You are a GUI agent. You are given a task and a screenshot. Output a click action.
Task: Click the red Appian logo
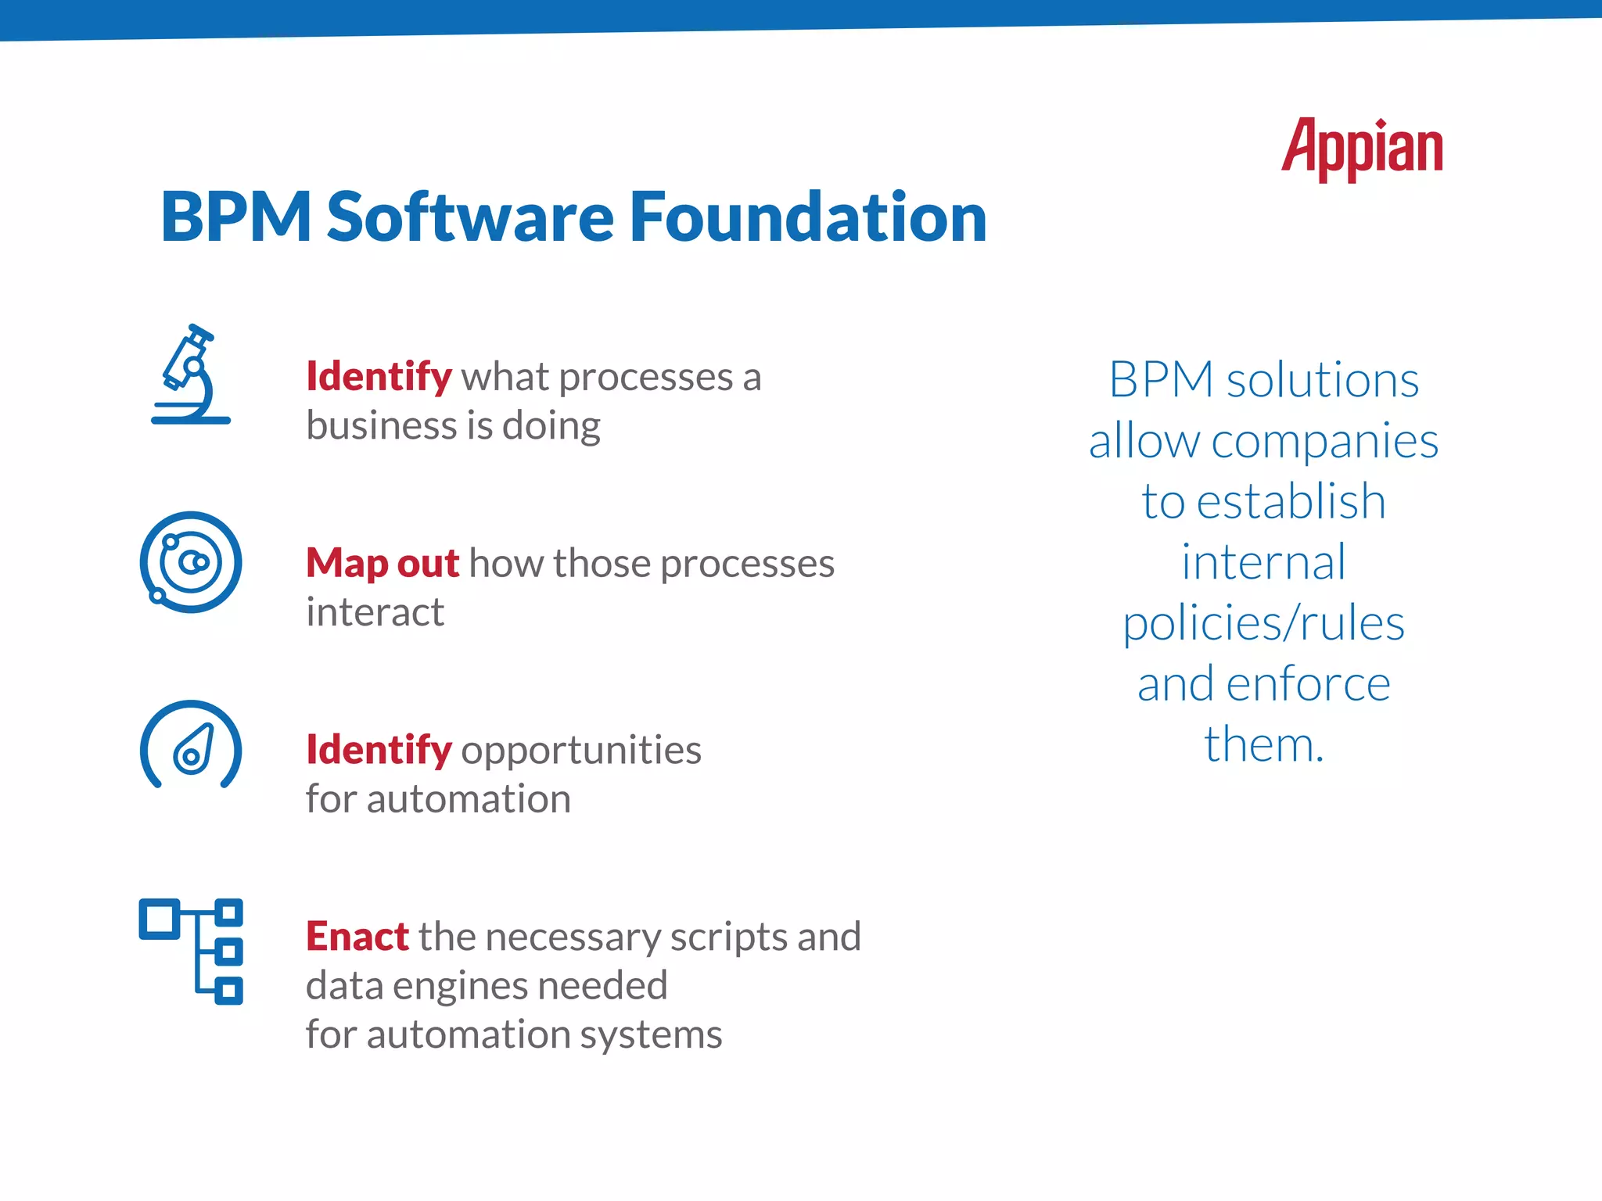tap(1362, 149)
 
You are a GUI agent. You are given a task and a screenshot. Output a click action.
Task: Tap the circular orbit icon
tap(191, 562)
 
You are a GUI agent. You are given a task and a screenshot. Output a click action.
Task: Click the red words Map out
tap(382, 563)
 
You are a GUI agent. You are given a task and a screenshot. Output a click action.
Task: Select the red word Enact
tap(357, 937)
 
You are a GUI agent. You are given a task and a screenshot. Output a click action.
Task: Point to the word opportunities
tap(581, 751)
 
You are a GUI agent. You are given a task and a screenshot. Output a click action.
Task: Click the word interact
tap(375, 612)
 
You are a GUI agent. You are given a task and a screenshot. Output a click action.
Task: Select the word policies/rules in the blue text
tap(1263, 624)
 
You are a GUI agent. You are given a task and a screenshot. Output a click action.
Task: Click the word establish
tap(1291, 501)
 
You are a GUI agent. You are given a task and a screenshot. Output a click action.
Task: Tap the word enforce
tap(1308, 684)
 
